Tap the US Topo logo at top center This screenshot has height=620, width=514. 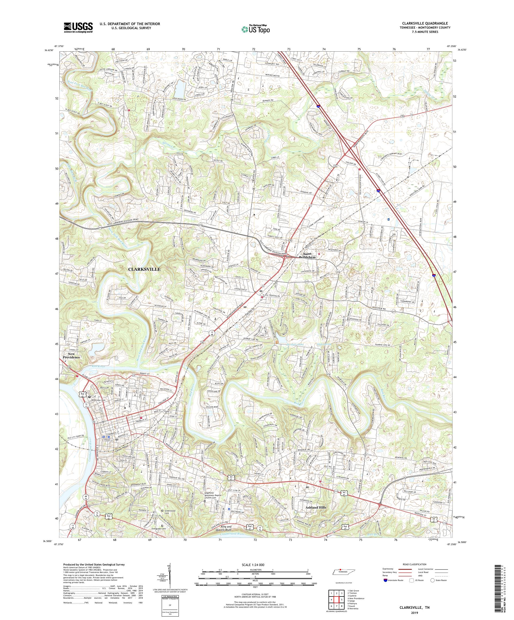(256, 29)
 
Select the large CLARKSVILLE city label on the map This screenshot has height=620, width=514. (144, 269)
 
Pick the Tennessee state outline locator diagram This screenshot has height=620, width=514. (340, 572)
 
